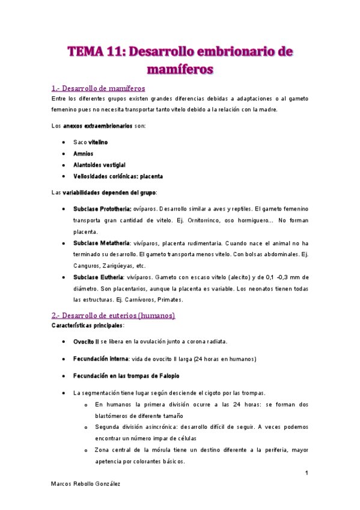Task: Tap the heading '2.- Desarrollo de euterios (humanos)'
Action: click(x=113, y=315)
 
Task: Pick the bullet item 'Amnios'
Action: click(x=83, y=153)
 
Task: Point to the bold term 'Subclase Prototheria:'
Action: click(x=102, y=208)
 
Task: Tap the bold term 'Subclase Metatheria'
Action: click(x=101, y=243)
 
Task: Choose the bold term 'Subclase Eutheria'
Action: click(x=98, y=277)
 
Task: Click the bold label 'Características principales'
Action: click(x=88, y=325)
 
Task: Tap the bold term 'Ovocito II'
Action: click(x=85, y=342)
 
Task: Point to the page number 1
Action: click(x=307, y=473)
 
